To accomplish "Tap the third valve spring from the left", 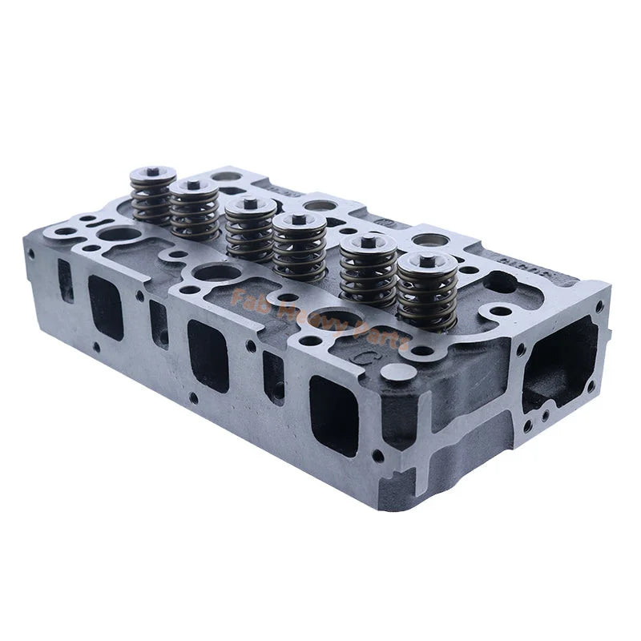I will tap(250, 232).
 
